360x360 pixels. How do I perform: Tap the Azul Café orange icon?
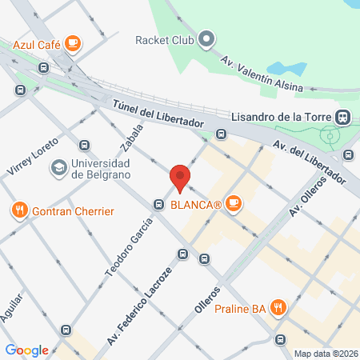tap(73, 42)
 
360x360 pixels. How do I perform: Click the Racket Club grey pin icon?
tap(207, 38)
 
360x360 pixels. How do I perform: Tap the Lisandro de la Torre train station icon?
tap(342, 116)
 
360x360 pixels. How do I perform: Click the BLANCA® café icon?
tap(234, 204)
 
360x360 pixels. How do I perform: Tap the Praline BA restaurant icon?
tap(278, 306)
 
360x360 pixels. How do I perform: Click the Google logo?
tap(27, 350)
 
